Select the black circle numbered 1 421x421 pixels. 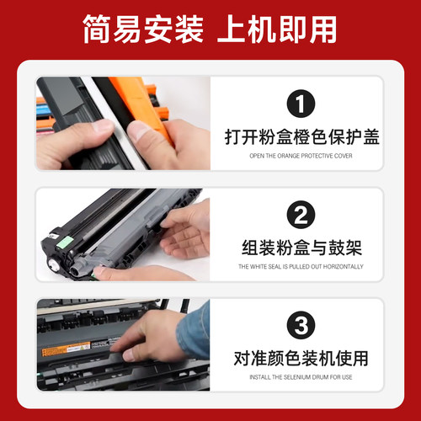[x=300, y=105]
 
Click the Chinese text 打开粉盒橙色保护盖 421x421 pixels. [x=301, y=137]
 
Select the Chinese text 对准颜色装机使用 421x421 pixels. [x=301, y=358]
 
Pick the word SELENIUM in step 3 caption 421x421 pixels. [x=294, y=377]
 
